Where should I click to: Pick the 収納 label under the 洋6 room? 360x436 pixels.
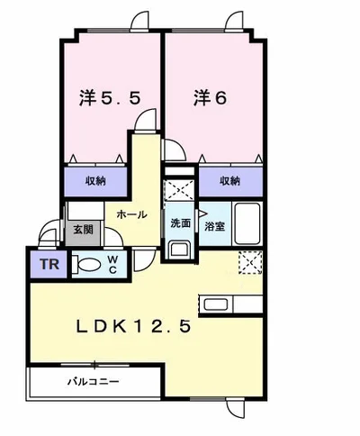(x=230, y=181)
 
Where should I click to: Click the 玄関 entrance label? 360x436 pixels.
(x=82, y=231)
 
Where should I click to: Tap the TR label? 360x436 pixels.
(x=47, y=266)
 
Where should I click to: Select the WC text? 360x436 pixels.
(x=113, y=265)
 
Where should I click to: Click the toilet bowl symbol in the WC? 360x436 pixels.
(x=89, y=266)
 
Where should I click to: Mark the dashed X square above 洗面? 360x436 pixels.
(x=179, y=191)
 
